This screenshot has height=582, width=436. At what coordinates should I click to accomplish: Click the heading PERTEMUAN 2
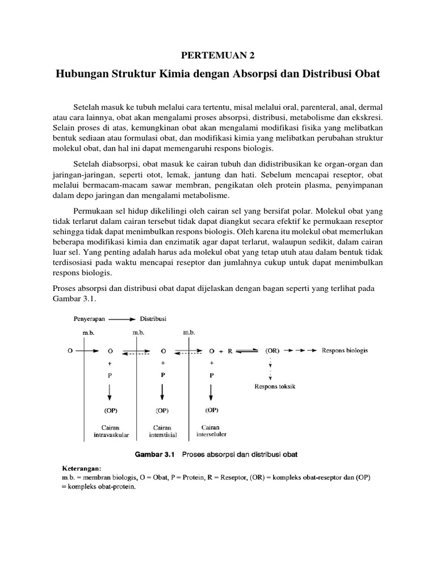(x=217, y=55)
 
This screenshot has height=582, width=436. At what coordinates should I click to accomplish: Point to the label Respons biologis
(x=345, y=350)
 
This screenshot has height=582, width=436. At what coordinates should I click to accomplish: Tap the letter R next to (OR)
(x=230, y=351)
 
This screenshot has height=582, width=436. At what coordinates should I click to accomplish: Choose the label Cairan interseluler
(x=211, y=430)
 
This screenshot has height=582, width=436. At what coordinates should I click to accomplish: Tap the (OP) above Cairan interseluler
(x=212, y=410)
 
